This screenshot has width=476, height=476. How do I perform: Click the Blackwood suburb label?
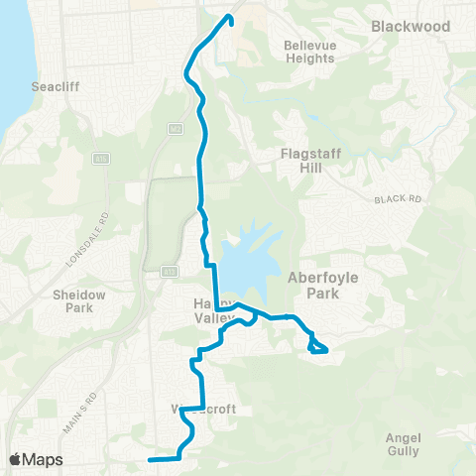click(410, 26)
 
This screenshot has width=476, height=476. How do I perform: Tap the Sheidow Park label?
click(71, 300)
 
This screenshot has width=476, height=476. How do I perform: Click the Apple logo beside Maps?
click(16, 459)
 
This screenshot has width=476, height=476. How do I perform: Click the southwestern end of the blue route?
click(150, 460)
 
